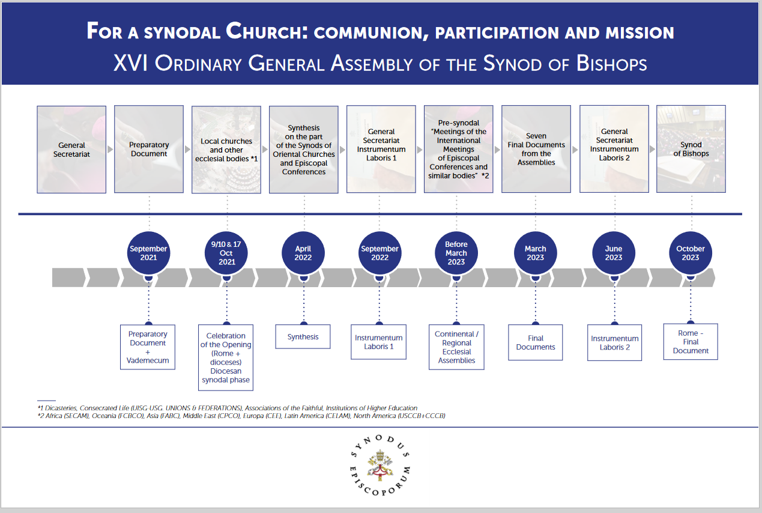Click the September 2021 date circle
coord(148,253)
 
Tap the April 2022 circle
coord(303,253)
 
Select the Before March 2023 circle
coord(456,253)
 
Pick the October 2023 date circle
coord(690,253)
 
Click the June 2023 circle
coord(613,253)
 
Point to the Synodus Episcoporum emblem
coord(380,465)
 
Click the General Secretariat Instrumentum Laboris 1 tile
coord(381,149)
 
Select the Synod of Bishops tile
coord(691,149)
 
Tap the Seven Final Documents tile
coord(536,149)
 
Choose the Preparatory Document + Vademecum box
coord(148,347)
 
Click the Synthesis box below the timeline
coord(303,336)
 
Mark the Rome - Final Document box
coord(691,342)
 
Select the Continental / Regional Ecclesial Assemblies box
coord(456,347)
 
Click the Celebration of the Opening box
coord(226,357)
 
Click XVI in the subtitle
coord(131,63)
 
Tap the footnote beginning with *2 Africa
coord(241,416)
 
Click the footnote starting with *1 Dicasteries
coord(227,408)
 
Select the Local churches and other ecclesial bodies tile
coord(226,150)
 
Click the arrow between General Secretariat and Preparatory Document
coord(110,150)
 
